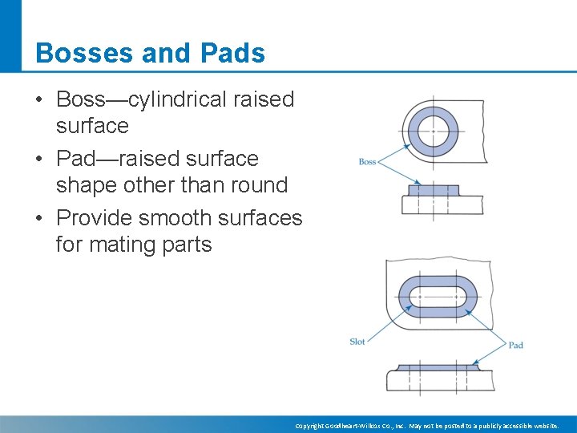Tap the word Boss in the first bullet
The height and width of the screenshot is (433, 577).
(x=82, y=99)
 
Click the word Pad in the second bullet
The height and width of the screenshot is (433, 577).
(x=76, y=159)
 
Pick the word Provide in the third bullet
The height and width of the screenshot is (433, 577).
(x=97, y=218)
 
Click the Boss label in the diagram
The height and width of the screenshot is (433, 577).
(x=367, y=162)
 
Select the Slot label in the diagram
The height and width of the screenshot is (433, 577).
(x=357, y=342)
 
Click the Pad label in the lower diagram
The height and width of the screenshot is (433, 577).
(x=515, y=345)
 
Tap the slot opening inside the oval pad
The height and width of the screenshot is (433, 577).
(x=438, y=297)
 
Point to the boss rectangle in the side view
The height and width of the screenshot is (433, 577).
(x=433, y=190)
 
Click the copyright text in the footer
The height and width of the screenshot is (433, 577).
(x=426, y=426)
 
